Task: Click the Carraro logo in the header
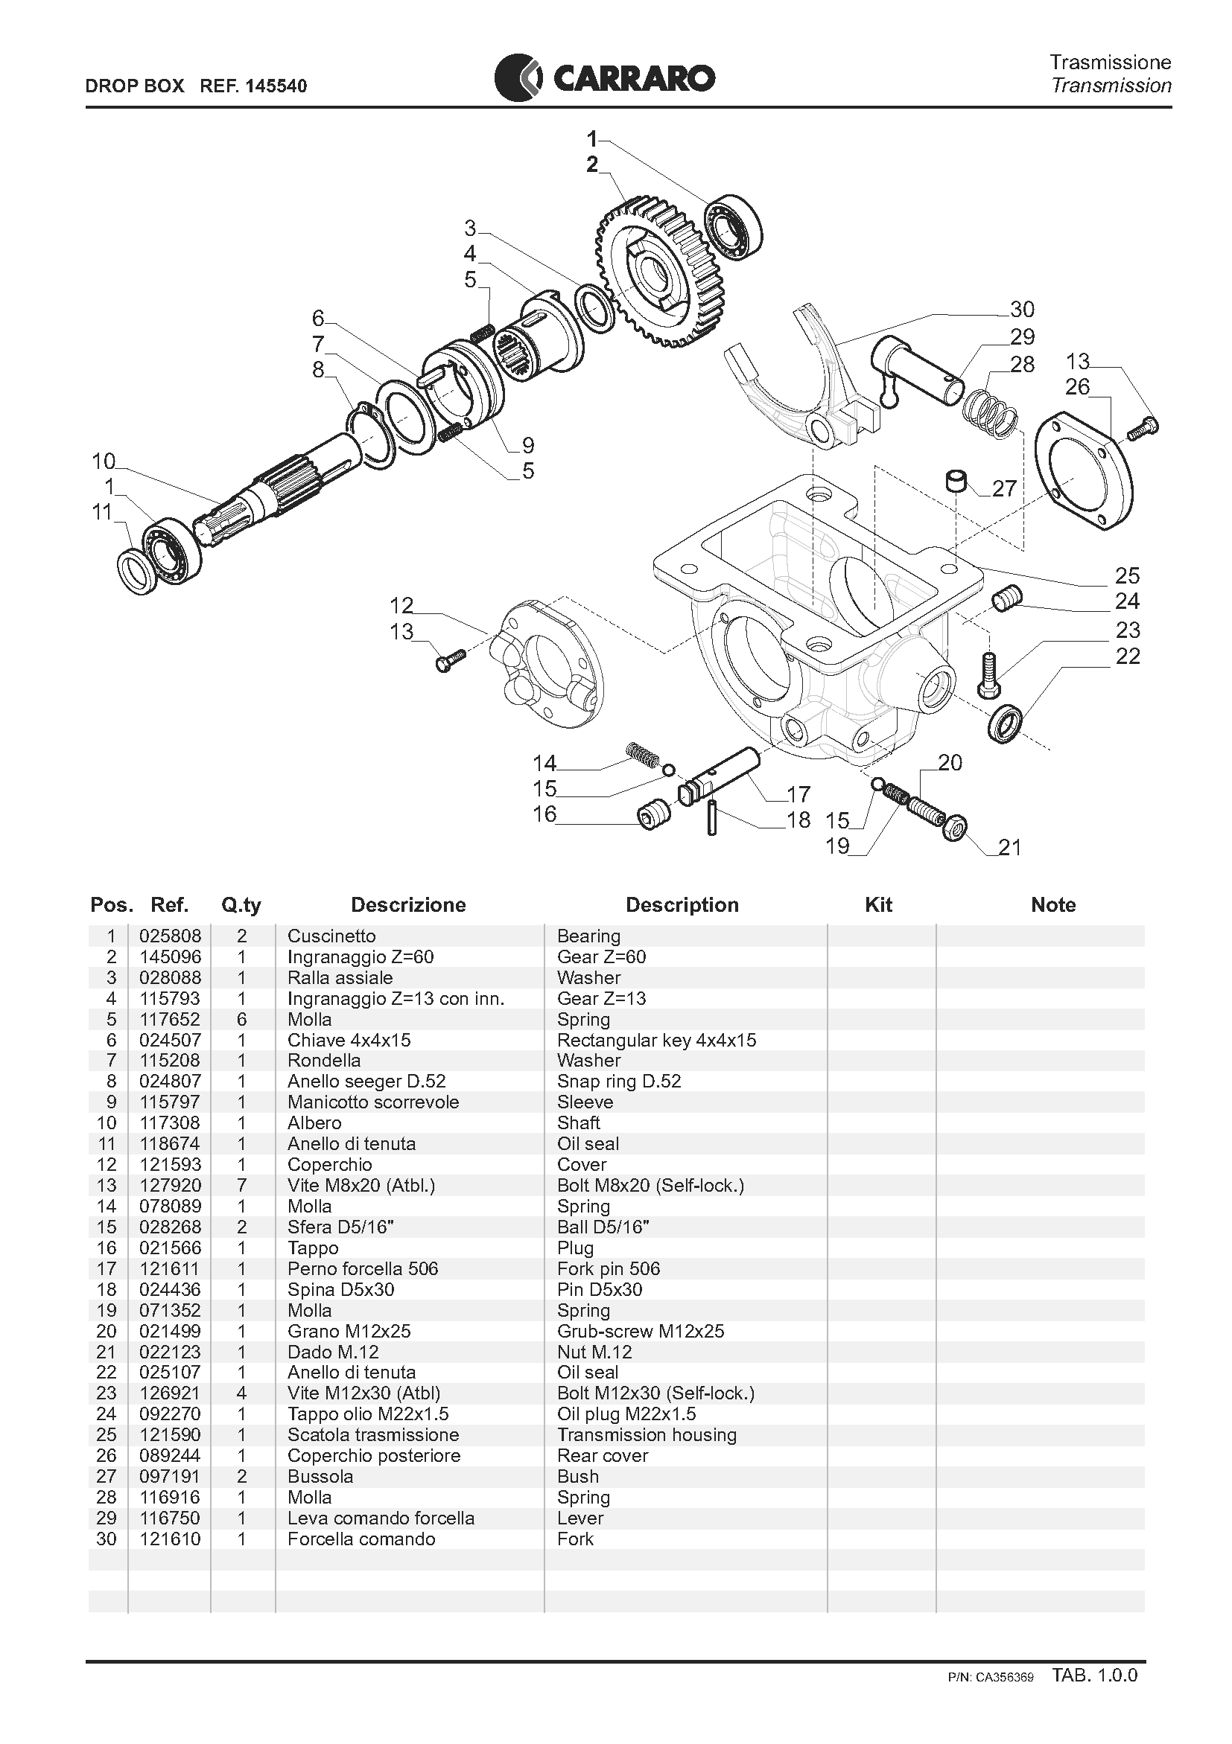[604, 77]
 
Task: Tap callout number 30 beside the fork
[1021, 310]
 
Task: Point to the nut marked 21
[956, 827]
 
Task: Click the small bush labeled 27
[956, 482]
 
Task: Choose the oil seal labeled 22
[1006, 722]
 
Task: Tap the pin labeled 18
[711, 817]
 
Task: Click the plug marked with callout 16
[654, 815]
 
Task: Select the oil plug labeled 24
[1007, 598]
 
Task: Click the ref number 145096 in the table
[170, 957]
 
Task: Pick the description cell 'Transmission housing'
[646, 1435]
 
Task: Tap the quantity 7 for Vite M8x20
[241, 1186]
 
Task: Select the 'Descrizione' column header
[408, 904]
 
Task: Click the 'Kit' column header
[878, 904]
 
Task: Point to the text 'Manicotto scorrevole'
[372, 1102]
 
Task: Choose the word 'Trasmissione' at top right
[1110, 62]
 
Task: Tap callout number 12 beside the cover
[401, 605]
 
